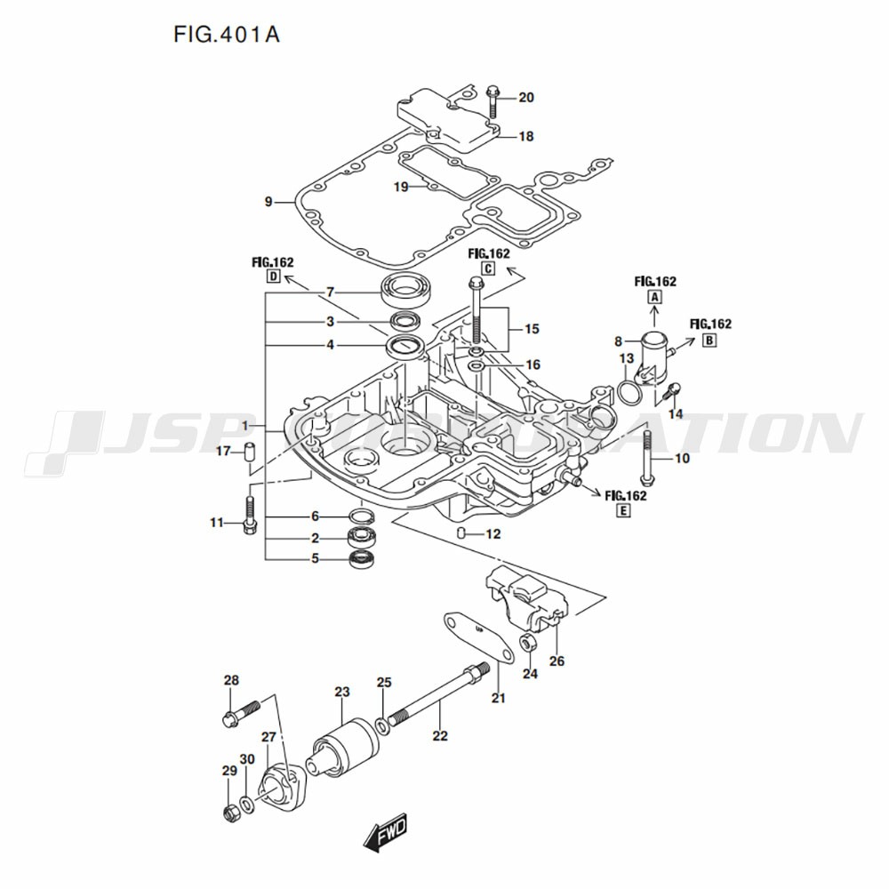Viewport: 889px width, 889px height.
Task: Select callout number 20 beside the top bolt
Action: [x=525, y=97]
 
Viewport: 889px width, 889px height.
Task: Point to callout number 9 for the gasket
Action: [x=268, y=202]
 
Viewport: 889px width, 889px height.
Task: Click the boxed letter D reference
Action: [x=273, y=277]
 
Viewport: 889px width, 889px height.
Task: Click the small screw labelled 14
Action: [x=675, y=390]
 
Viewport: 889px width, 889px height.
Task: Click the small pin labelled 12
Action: [x=462, y=533]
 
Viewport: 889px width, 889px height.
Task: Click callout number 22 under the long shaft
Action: [x=440, y=735]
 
